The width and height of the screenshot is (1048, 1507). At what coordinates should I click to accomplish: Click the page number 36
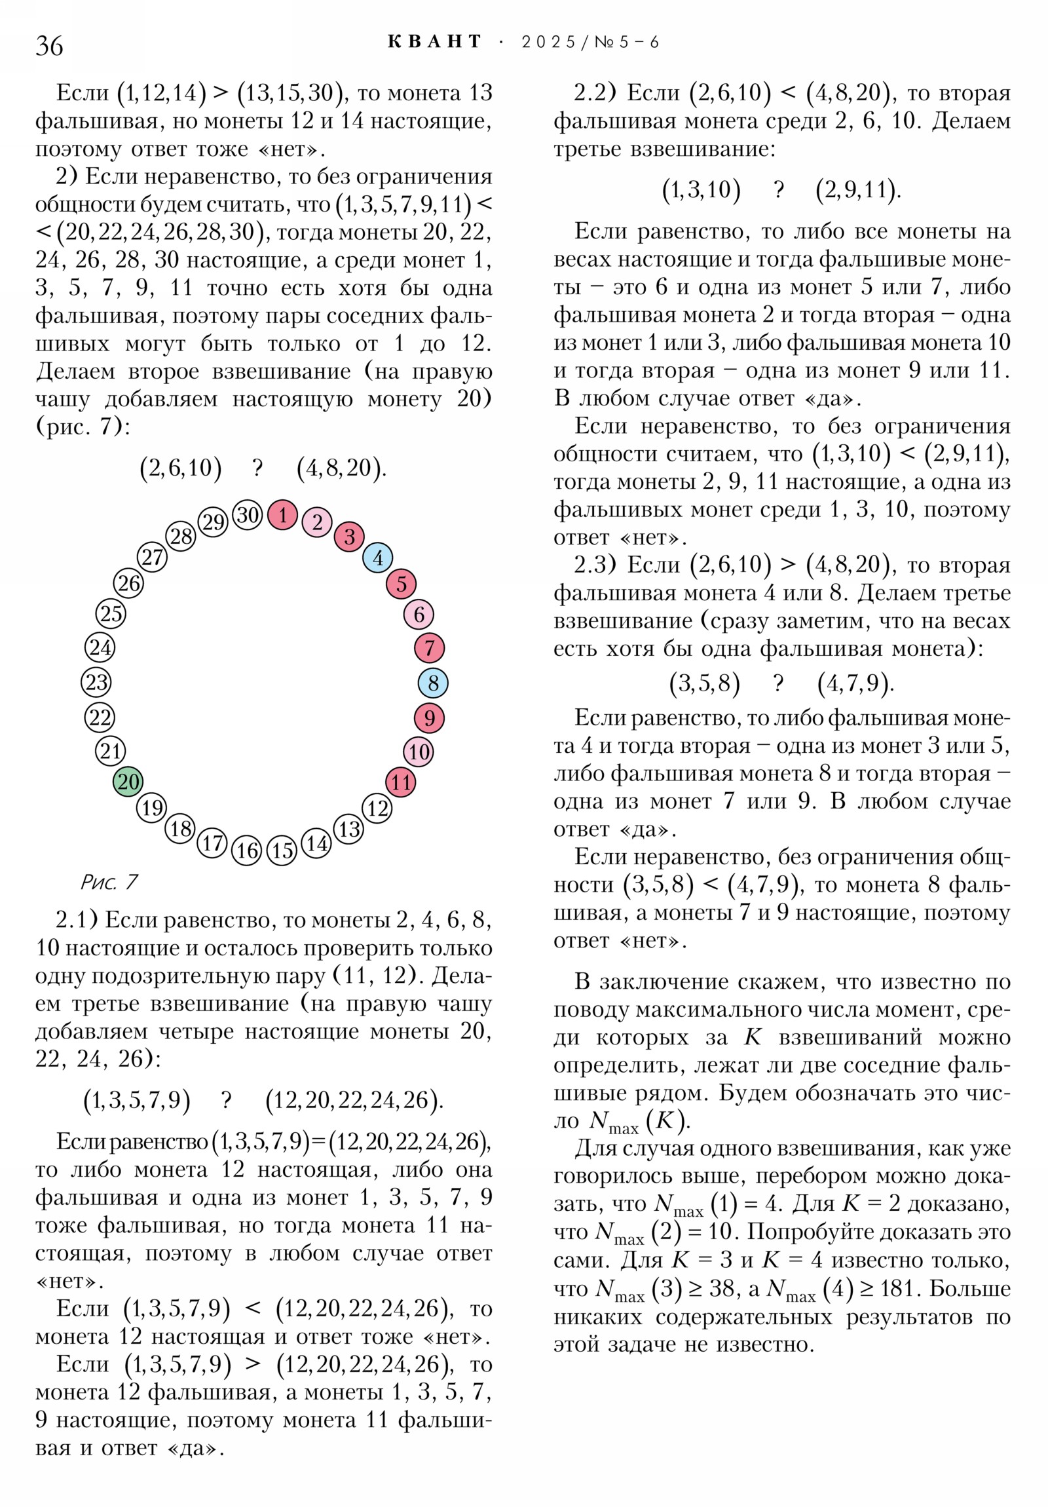(49, 46)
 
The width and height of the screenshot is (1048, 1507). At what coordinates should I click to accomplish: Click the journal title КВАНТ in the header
(434, 42)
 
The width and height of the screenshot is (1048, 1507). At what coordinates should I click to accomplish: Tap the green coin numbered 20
(128, 781)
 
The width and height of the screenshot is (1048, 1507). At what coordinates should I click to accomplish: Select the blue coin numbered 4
(378, 558)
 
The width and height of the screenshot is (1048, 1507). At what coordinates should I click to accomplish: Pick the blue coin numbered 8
(433, 683)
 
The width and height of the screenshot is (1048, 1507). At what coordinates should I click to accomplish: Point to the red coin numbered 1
(283, 514)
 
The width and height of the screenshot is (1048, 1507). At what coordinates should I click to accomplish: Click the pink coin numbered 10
(419, 752)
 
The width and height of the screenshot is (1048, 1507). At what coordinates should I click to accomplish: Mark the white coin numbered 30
(248, 514)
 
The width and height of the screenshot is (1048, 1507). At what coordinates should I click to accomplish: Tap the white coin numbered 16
(247, 850)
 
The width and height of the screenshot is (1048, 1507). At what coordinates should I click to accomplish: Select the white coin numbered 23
(96, 682)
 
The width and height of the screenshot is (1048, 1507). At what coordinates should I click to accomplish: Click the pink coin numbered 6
(419, 615)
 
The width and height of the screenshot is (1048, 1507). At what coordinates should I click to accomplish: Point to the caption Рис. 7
(109, 881)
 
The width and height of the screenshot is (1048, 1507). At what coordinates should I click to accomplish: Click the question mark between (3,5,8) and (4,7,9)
(778, 683)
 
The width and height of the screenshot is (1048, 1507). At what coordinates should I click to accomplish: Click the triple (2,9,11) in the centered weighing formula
(857, 190)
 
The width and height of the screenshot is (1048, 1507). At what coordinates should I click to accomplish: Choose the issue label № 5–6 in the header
(627, 42)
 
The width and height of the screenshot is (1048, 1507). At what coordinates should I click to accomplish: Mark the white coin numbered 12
(377, 808)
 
